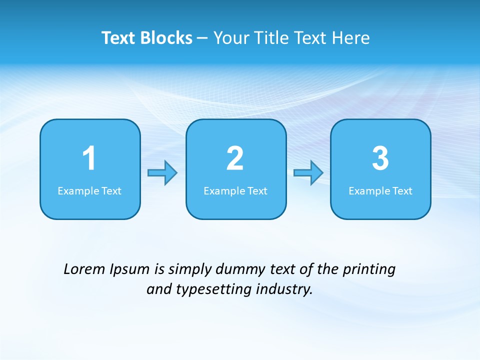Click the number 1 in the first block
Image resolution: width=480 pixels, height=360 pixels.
(89, 158)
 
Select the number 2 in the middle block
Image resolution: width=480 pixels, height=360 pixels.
(235, 158)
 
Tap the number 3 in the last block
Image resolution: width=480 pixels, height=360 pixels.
(380, 158)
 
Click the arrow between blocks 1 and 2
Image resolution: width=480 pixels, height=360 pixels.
(163, 173)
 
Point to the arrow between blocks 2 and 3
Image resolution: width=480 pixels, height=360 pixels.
(308, 173)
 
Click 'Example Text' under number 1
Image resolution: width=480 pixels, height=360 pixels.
(89, 191)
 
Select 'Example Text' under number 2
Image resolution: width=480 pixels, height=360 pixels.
(235, 191)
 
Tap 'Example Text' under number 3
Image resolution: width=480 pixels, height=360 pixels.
(380, 191)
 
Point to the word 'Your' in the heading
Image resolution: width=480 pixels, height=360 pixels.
(230, 38)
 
